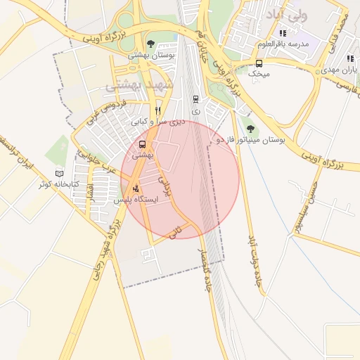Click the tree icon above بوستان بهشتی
point(150,44)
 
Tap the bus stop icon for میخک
point(259,63)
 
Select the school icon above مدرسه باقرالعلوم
point(283,33)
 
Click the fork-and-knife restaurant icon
point(158,110)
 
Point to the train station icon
point(195,99)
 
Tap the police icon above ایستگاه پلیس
point(136,188)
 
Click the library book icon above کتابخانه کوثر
point(59,173)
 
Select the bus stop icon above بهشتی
point(143,145)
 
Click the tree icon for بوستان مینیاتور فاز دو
point(251,129)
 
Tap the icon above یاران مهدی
point(349,59)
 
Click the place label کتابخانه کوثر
point(59,185)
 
